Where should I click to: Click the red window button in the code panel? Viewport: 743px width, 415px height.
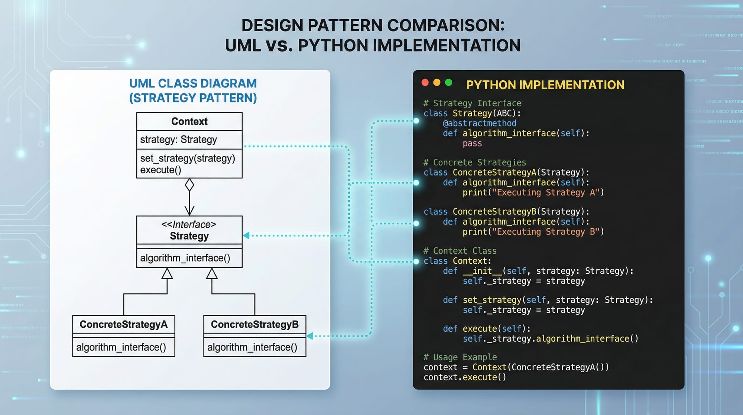425,83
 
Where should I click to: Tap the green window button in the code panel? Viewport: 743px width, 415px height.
449,83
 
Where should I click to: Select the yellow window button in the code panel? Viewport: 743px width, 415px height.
437,83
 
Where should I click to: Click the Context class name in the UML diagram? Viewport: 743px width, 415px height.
189,122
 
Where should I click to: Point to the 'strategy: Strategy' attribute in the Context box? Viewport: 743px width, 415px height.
178,140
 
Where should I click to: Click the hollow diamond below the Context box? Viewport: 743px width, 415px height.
189,185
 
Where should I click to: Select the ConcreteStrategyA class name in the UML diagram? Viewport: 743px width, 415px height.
123,325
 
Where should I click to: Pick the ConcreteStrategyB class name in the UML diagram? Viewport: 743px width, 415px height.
254,325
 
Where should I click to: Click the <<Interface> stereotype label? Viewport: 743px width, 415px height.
189,225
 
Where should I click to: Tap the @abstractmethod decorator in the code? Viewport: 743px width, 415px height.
479,123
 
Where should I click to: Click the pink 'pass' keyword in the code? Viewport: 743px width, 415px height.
472,144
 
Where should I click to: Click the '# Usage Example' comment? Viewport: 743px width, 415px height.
460,357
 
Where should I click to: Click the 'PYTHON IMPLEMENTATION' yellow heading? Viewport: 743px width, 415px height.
545,85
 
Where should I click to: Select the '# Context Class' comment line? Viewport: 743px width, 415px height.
460,251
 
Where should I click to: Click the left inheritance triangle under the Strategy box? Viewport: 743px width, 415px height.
167,274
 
